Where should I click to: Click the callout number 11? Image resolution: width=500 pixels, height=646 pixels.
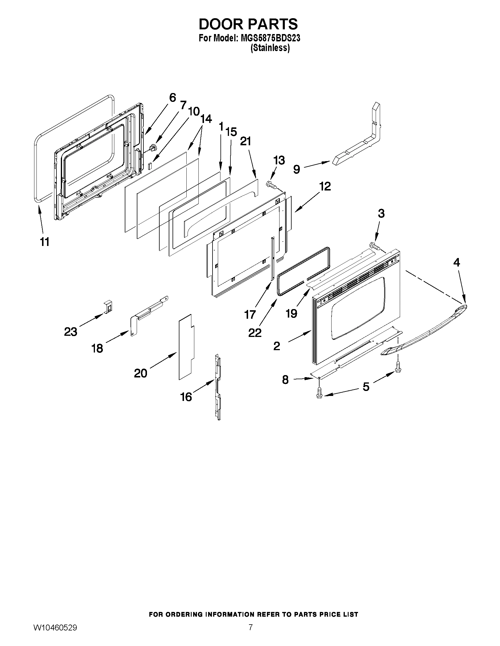tap(45, 242)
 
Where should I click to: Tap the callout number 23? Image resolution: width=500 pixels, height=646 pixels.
tap(71, 332)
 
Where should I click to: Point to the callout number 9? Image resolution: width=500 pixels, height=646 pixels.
tap(297, 169)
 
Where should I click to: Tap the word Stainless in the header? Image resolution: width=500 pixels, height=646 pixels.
tap(270, 48)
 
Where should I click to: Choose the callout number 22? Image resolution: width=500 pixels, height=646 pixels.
tap(255, 333)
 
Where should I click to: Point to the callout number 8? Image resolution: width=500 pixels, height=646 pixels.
tap(285, 380)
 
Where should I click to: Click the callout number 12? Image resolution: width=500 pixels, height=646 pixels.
tap(325, 187)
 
